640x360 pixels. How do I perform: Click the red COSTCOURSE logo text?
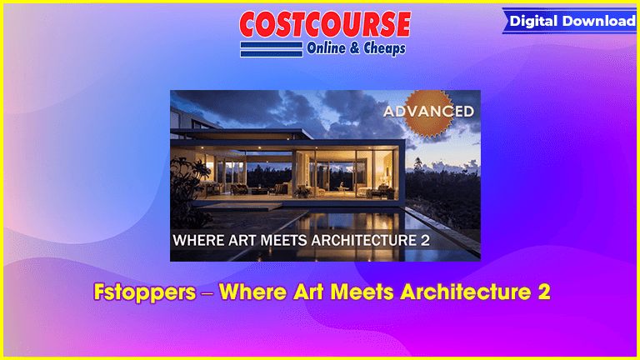pos(325,24)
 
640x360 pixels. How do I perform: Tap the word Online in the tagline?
pos(326,48)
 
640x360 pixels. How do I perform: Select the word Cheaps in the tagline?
pos(384,48)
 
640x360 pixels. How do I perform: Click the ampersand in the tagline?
pos(355,48)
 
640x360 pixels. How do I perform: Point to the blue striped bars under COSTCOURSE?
pos(272,49)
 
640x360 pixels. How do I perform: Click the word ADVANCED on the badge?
pos(428,111)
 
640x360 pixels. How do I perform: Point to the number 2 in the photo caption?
pos(424,240)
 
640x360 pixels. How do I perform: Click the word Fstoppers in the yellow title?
pos(145,292)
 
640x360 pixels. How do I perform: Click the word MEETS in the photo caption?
pos(283,240)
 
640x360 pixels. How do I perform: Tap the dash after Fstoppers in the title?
pos(207,293)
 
